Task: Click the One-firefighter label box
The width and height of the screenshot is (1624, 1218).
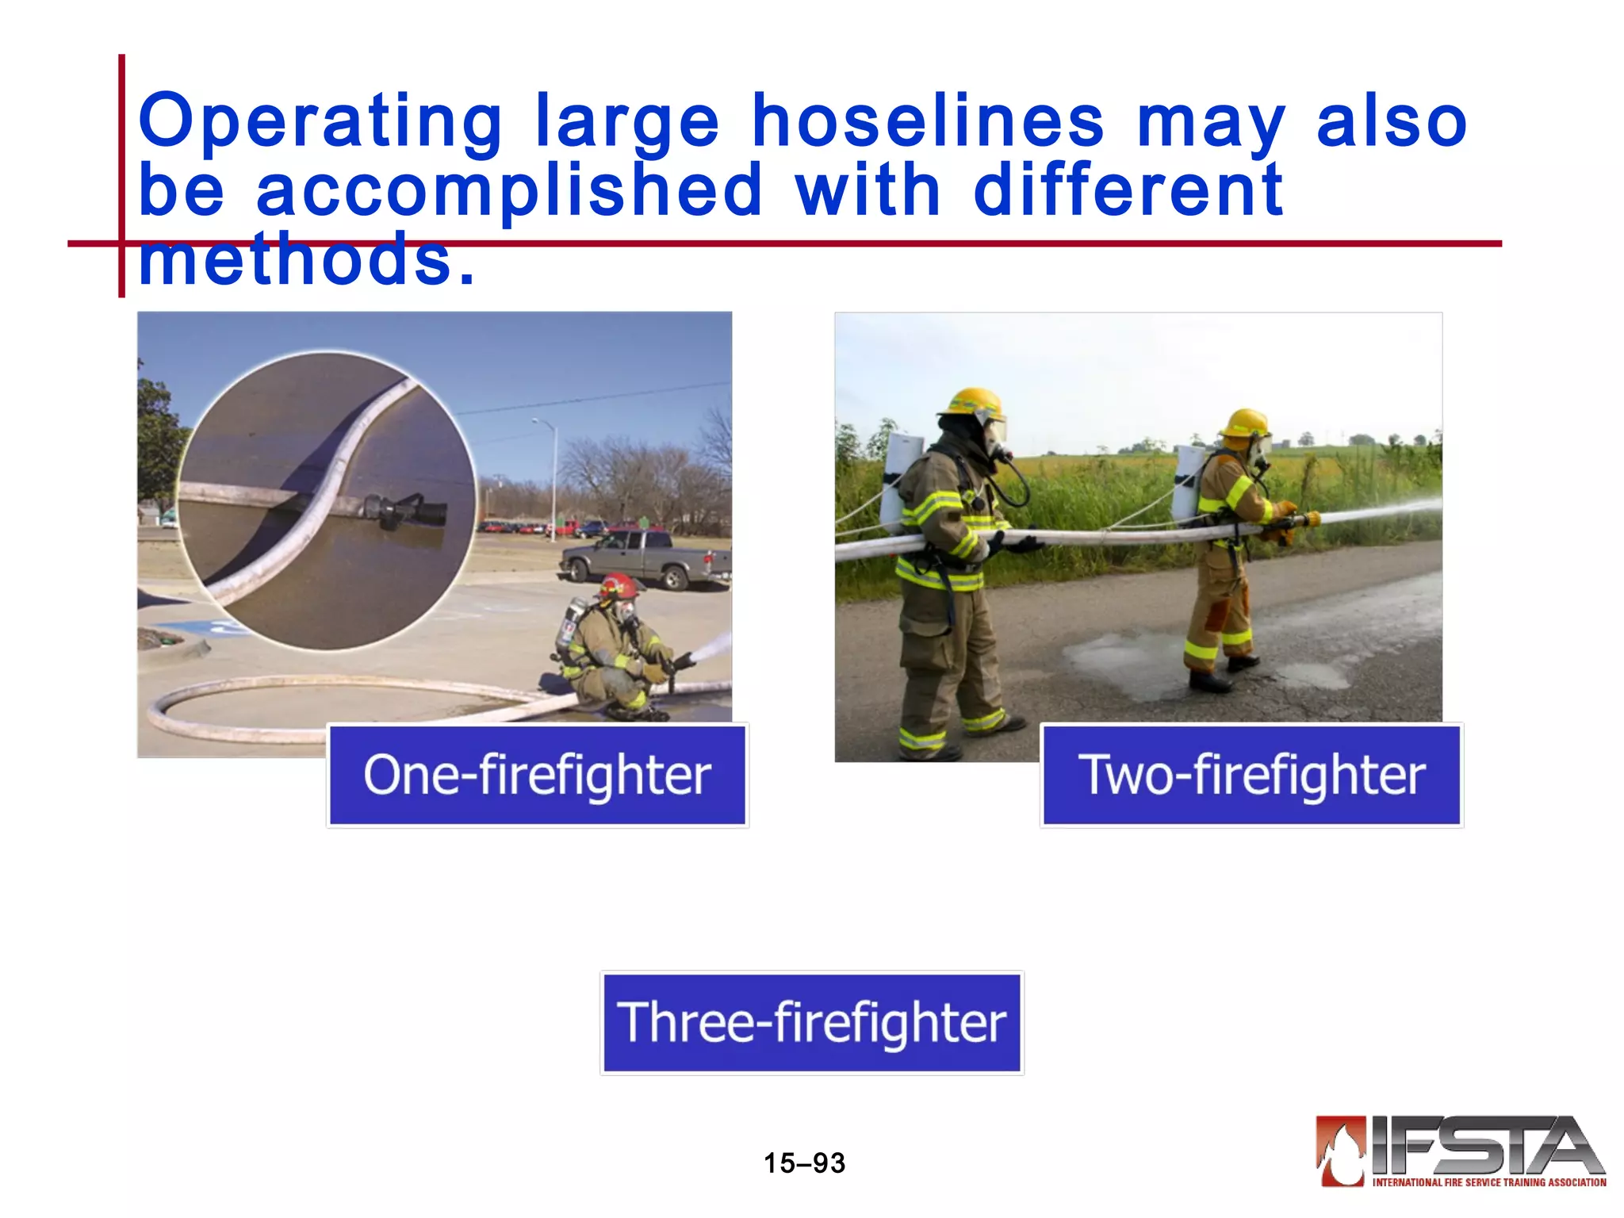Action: pos(538,775)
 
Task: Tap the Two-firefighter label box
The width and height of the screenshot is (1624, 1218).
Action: pos(1251,775)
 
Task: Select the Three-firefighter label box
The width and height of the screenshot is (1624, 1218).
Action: pos(812,1022)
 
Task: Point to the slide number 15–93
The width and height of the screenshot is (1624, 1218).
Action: pos(804,1163)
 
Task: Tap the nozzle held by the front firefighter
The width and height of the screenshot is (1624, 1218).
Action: pos(1300,521)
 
